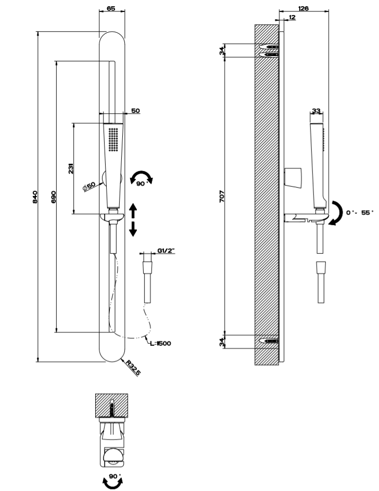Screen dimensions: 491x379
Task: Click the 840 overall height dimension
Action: (x=35, y=197)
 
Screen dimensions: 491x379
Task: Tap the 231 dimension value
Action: (x=71, y=169)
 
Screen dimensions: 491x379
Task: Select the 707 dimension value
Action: (x=222, y=197)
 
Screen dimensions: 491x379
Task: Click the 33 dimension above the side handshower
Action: (x=316, y=111)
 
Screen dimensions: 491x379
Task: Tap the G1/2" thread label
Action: (x=166, y=251)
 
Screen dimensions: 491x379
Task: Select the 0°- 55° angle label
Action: (x=360, y=212)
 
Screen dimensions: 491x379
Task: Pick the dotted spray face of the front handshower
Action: (x=112, y=139)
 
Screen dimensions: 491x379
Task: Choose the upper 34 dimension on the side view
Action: (x=222, y=50)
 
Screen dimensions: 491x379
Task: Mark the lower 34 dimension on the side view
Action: (x=222, y=342)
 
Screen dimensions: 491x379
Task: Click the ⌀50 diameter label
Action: (x=90, y=186)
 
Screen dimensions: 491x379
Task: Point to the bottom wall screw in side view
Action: (x=271, y=342)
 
